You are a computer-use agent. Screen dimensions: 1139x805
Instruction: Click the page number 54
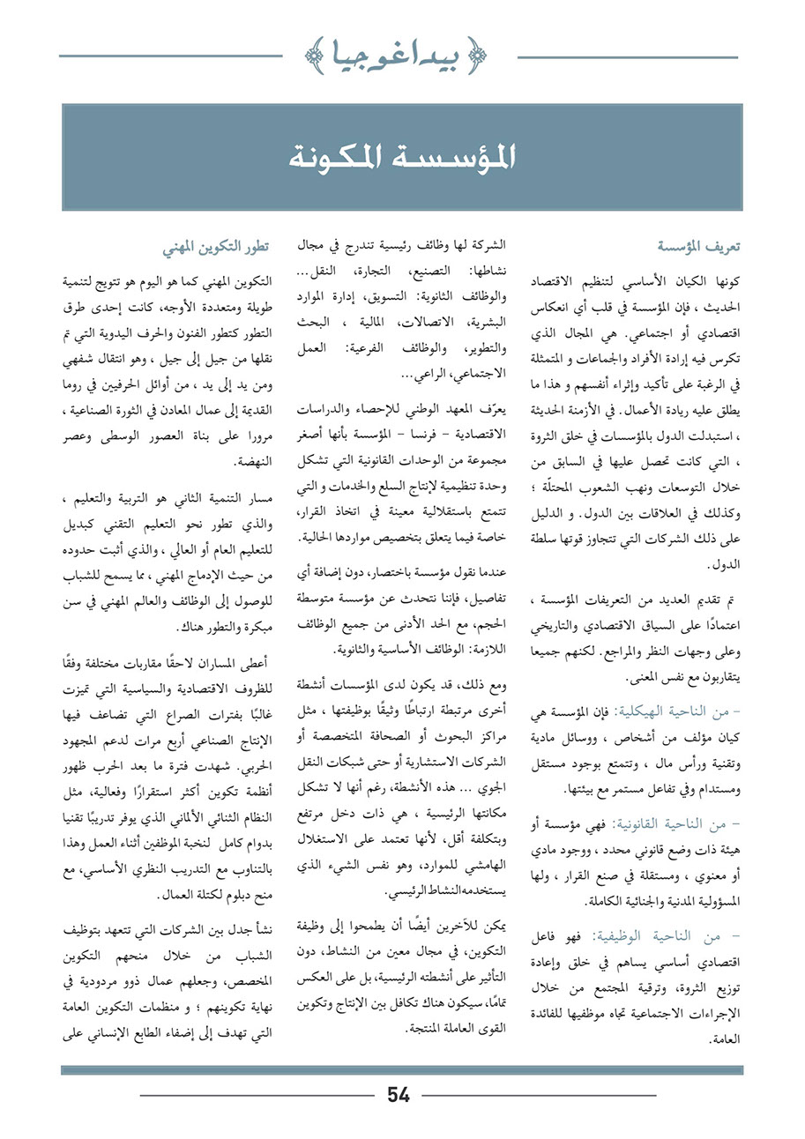(x=399, y=1095)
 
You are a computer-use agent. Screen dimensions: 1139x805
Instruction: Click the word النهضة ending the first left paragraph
(x=252, y=461)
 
